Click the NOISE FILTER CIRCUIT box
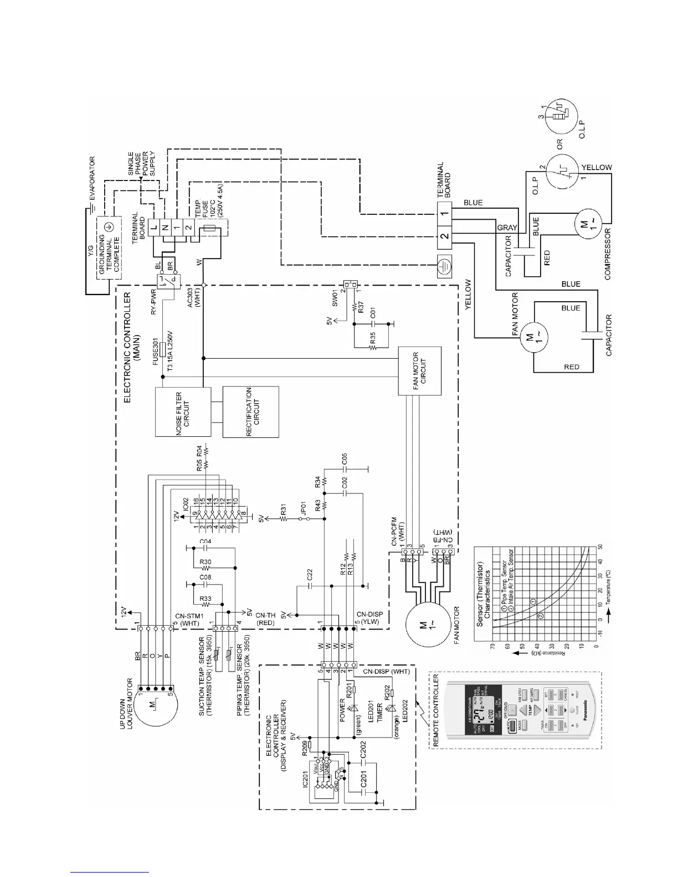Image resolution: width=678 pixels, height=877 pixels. [183, 412]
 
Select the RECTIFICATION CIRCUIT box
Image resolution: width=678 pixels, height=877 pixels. [250, 412]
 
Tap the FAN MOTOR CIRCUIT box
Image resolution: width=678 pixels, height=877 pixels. [420, 371]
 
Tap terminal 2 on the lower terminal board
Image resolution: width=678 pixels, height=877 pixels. [444, 236]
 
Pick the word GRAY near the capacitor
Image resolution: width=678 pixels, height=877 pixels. [506, 228]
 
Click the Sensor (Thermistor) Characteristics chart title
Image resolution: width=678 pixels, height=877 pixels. [484, 590]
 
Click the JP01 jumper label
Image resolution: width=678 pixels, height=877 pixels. [302, 508]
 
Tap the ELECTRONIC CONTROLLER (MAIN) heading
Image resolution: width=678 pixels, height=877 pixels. [131, 347]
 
